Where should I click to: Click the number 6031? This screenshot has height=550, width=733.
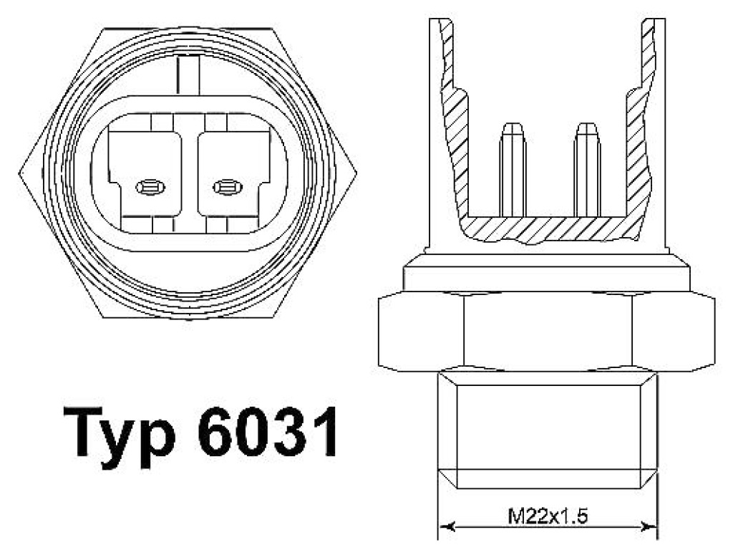268,431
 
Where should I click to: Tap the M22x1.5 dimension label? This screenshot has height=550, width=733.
548,516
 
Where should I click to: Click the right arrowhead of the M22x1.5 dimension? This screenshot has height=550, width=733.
648,527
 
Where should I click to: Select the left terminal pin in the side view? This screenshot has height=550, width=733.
513,170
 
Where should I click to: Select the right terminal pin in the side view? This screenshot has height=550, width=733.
587,170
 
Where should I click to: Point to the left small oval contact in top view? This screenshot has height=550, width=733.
150,188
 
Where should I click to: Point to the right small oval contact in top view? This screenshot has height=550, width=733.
228,188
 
